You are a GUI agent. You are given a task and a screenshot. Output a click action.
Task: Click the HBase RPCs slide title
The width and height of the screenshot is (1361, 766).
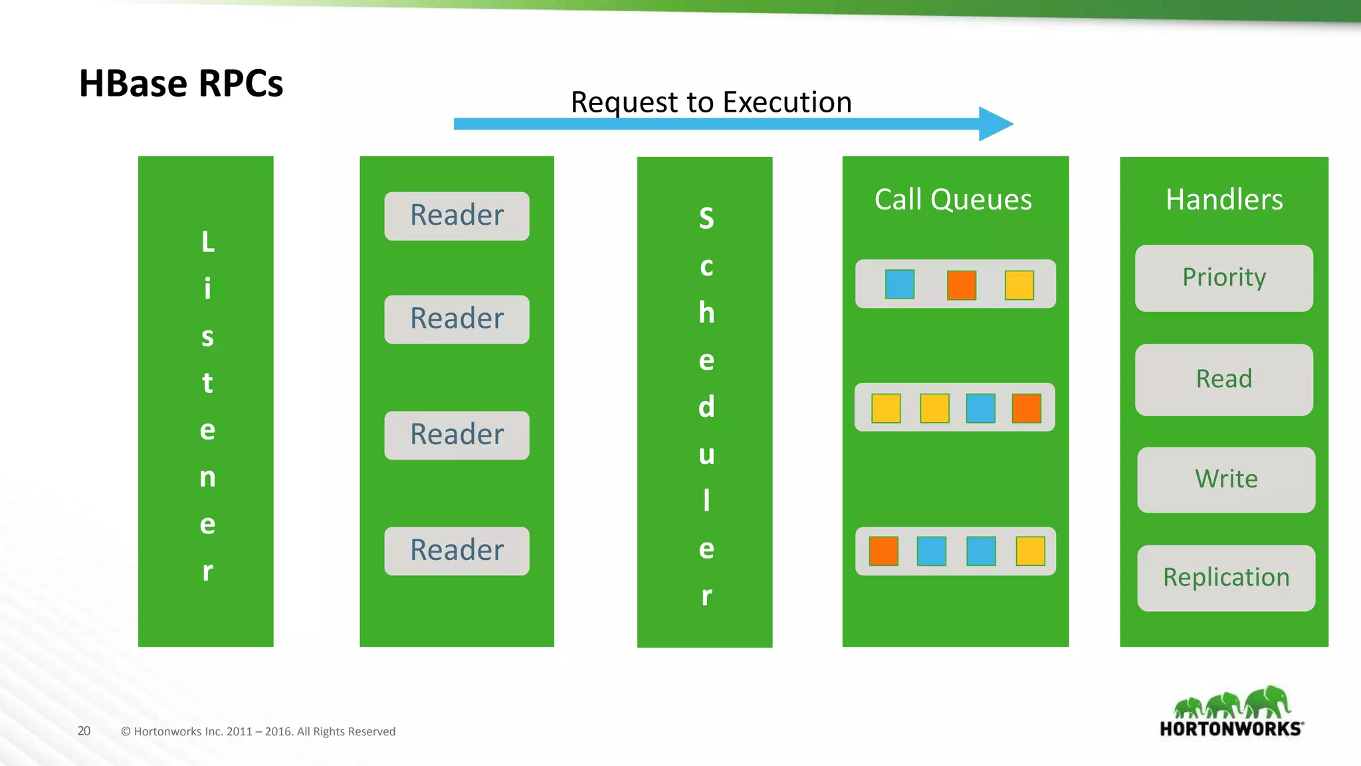[x=181, y=84]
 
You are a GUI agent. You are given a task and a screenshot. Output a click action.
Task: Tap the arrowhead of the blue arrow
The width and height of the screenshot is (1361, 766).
[x=995, y=124]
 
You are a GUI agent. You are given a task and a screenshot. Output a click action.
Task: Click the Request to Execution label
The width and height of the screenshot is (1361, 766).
[x=711, y=102]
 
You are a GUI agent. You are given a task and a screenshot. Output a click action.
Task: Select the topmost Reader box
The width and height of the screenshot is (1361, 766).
[x=457, y=216]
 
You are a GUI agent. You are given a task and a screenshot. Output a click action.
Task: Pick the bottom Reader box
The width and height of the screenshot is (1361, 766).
[x=457, y=551]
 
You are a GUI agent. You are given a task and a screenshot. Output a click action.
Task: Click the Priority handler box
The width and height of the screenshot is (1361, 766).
[x=1223, y=278]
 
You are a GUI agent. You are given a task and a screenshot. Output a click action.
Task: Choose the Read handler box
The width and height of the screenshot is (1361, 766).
[x=1223, y=380]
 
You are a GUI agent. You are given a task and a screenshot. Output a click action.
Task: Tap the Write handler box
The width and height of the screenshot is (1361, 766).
[x=1225, y=479]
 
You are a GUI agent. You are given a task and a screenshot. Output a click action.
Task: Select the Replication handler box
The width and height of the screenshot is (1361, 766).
[x=1225, y=578]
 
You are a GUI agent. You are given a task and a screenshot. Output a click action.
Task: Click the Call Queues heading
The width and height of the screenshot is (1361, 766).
[x=953, y=199]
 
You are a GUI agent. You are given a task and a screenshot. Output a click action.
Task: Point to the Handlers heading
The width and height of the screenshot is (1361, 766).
[x=1223, y=199]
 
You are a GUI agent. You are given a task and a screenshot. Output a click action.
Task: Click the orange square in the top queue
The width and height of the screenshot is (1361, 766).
[x=961, y=285]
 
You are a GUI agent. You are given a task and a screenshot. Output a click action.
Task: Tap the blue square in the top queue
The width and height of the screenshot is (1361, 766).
[x=900, y=284]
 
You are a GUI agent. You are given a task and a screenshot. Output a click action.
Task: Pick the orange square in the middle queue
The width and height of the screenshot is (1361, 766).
[x=1026, y=408]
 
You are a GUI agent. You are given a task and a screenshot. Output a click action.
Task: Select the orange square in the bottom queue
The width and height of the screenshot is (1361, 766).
[x=883, y=551]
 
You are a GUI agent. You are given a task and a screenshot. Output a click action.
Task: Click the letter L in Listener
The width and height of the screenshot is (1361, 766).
[x=208, y=242]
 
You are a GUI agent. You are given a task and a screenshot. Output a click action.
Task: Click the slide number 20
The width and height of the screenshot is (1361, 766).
[x=84, y=731]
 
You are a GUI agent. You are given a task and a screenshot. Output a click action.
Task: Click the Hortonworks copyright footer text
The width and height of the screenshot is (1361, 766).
[x=258, y=731]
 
